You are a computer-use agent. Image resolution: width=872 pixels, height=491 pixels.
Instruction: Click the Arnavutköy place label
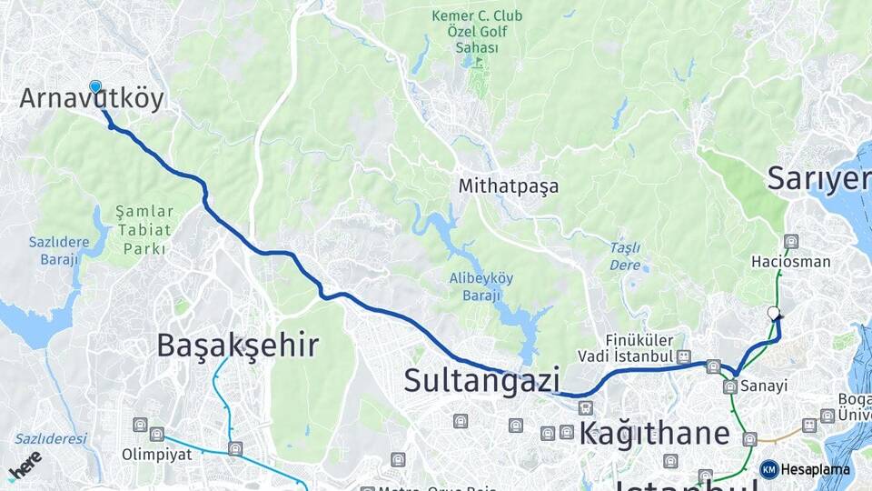pos(92,99)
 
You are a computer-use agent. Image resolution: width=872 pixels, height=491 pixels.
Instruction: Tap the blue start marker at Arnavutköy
pos(95,86)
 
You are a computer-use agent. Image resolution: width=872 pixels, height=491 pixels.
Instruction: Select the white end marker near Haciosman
pos(774,313)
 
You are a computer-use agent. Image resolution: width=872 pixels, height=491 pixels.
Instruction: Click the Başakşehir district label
pos(237,346)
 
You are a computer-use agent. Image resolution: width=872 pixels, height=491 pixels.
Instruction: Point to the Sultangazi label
pos(481,380)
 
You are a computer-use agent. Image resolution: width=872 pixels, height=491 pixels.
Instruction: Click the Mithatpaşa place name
pos(509,186)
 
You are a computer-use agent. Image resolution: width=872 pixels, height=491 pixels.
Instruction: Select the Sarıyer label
pos(817,178)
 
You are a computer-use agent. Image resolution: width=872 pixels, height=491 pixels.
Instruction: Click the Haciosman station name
pos(790,262)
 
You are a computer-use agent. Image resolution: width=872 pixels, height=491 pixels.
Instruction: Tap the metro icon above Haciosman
pos(791,242)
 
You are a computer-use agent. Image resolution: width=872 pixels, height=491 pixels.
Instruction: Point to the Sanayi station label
pos(762,386)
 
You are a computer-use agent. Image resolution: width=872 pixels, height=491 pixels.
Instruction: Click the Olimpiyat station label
pos(157,454)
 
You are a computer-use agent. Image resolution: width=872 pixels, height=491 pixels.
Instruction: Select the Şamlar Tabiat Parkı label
pos(144,229)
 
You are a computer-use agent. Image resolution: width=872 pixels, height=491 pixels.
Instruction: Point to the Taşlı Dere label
pos(625,256)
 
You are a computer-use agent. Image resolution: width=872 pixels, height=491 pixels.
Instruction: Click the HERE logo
pos(25,466)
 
